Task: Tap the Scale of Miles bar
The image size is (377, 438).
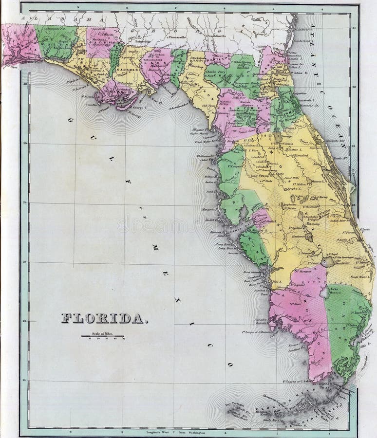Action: [103, 336]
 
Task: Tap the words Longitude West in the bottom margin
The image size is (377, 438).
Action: [155, 432]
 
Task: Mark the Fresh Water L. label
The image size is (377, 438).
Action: [349, 277]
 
